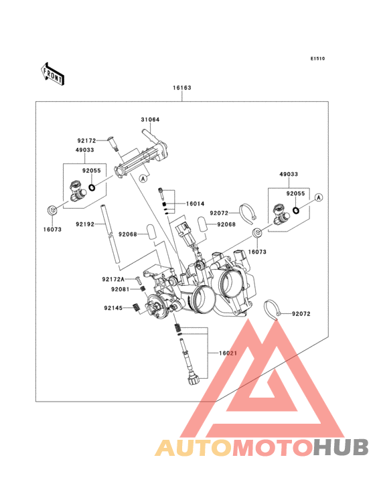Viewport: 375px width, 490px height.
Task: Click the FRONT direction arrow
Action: click(x=52, y=74)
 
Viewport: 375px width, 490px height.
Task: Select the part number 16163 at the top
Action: click(x=182, y=88)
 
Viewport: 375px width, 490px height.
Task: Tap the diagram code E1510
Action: click(x=317, y=58)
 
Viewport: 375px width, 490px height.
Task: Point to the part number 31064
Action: click(x=150, y=119)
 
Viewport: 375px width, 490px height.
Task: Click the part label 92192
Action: click(x=85, y=224)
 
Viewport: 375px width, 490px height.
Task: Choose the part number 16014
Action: click(x=195, y=203)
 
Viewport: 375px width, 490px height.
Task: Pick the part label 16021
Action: click(x=228, y=353)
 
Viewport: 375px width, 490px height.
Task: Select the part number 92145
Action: click(x=113, y=308)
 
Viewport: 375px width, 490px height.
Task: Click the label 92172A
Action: click(x=113, y=279)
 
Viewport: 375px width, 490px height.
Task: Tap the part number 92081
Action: click(x=121, y=289)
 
